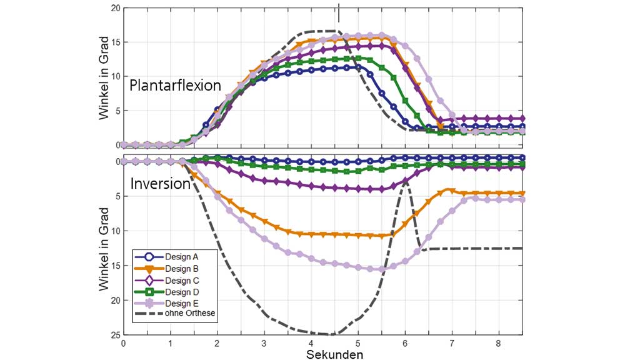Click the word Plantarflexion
(176, 86)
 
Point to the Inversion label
(160, 184)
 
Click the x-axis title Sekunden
(334, 354)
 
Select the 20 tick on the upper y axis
(115, 8)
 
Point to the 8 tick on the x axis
(498, 343)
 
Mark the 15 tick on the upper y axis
(115, 42)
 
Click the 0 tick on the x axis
(124, 343)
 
